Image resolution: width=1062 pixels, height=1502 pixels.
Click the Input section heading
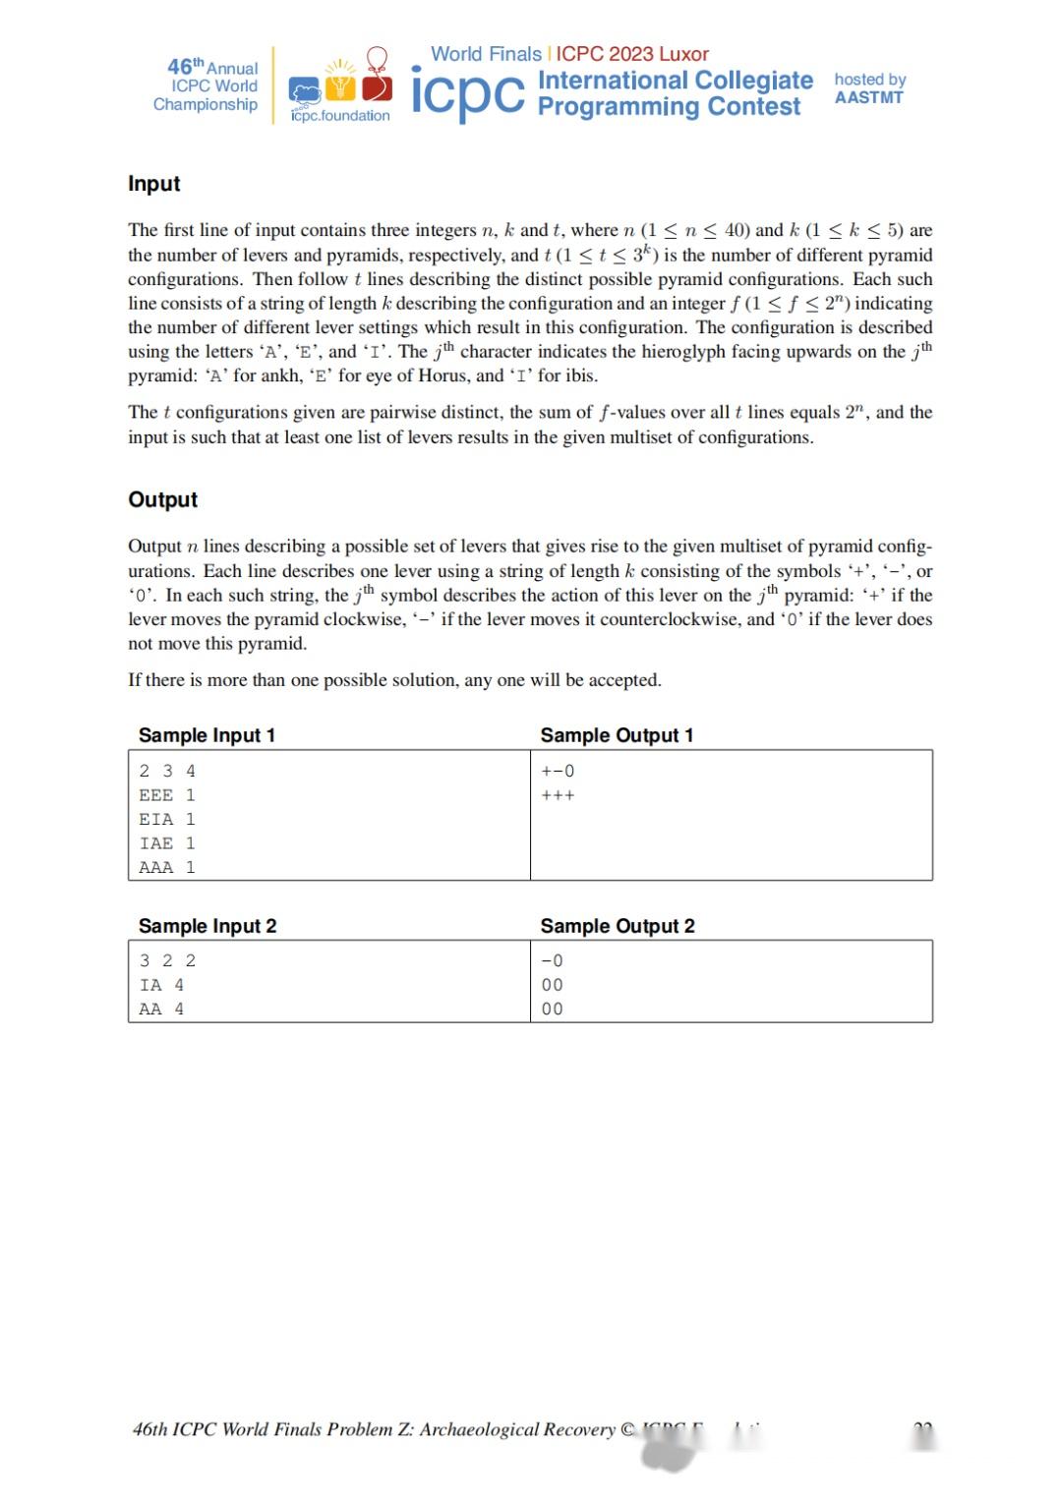[153, 184]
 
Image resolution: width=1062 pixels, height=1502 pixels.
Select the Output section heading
[162, 499]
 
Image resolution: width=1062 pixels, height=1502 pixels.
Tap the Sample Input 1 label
[206, 735]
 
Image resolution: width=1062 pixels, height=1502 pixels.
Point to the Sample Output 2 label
[617, 926]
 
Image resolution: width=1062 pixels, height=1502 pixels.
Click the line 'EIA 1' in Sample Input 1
[166, 819]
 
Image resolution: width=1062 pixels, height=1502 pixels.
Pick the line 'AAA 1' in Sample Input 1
[166, 867]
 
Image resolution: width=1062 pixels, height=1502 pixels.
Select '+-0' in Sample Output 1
[558, 771]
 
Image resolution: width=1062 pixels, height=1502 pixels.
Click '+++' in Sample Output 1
[558, 795]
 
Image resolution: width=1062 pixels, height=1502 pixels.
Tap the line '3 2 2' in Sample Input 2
[167, 960]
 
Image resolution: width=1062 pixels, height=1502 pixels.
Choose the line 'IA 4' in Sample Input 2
[161, 985]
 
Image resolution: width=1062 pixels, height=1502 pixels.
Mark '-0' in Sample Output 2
[552, 960]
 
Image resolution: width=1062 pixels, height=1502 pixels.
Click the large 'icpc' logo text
[467, 94]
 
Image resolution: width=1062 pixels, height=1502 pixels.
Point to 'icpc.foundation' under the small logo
[340, 116]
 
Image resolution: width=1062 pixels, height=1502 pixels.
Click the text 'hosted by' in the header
[869, 79]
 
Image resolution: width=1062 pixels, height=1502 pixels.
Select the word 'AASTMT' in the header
[868, 97]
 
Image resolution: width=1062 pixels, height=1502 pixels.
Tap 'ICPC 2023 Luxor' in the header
[632, 54]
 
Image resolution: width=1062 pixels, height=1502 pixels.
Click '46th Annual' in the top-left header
[212, 67]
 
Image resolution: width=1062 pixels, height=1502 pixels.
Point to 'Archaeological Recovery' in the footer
[517, 1429]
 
